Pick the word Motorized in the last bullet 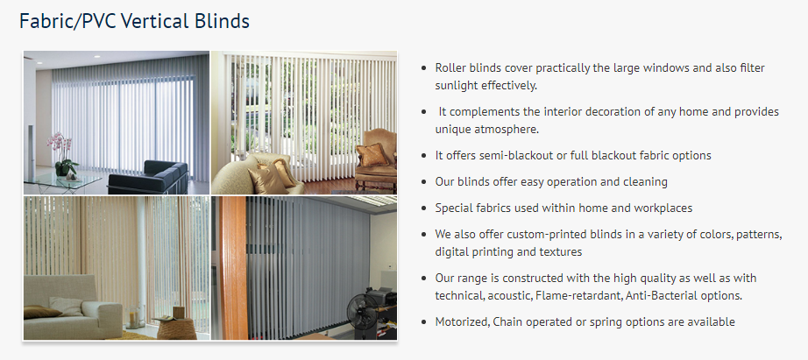[461, 321]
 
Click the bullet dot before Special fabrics [424, 208]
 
